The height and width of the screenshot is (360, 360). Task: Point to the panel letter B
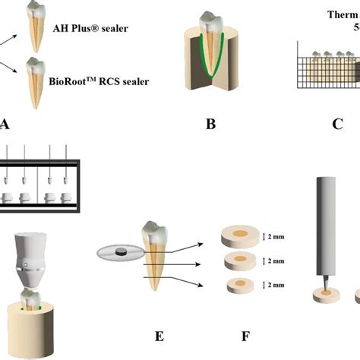211,123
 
